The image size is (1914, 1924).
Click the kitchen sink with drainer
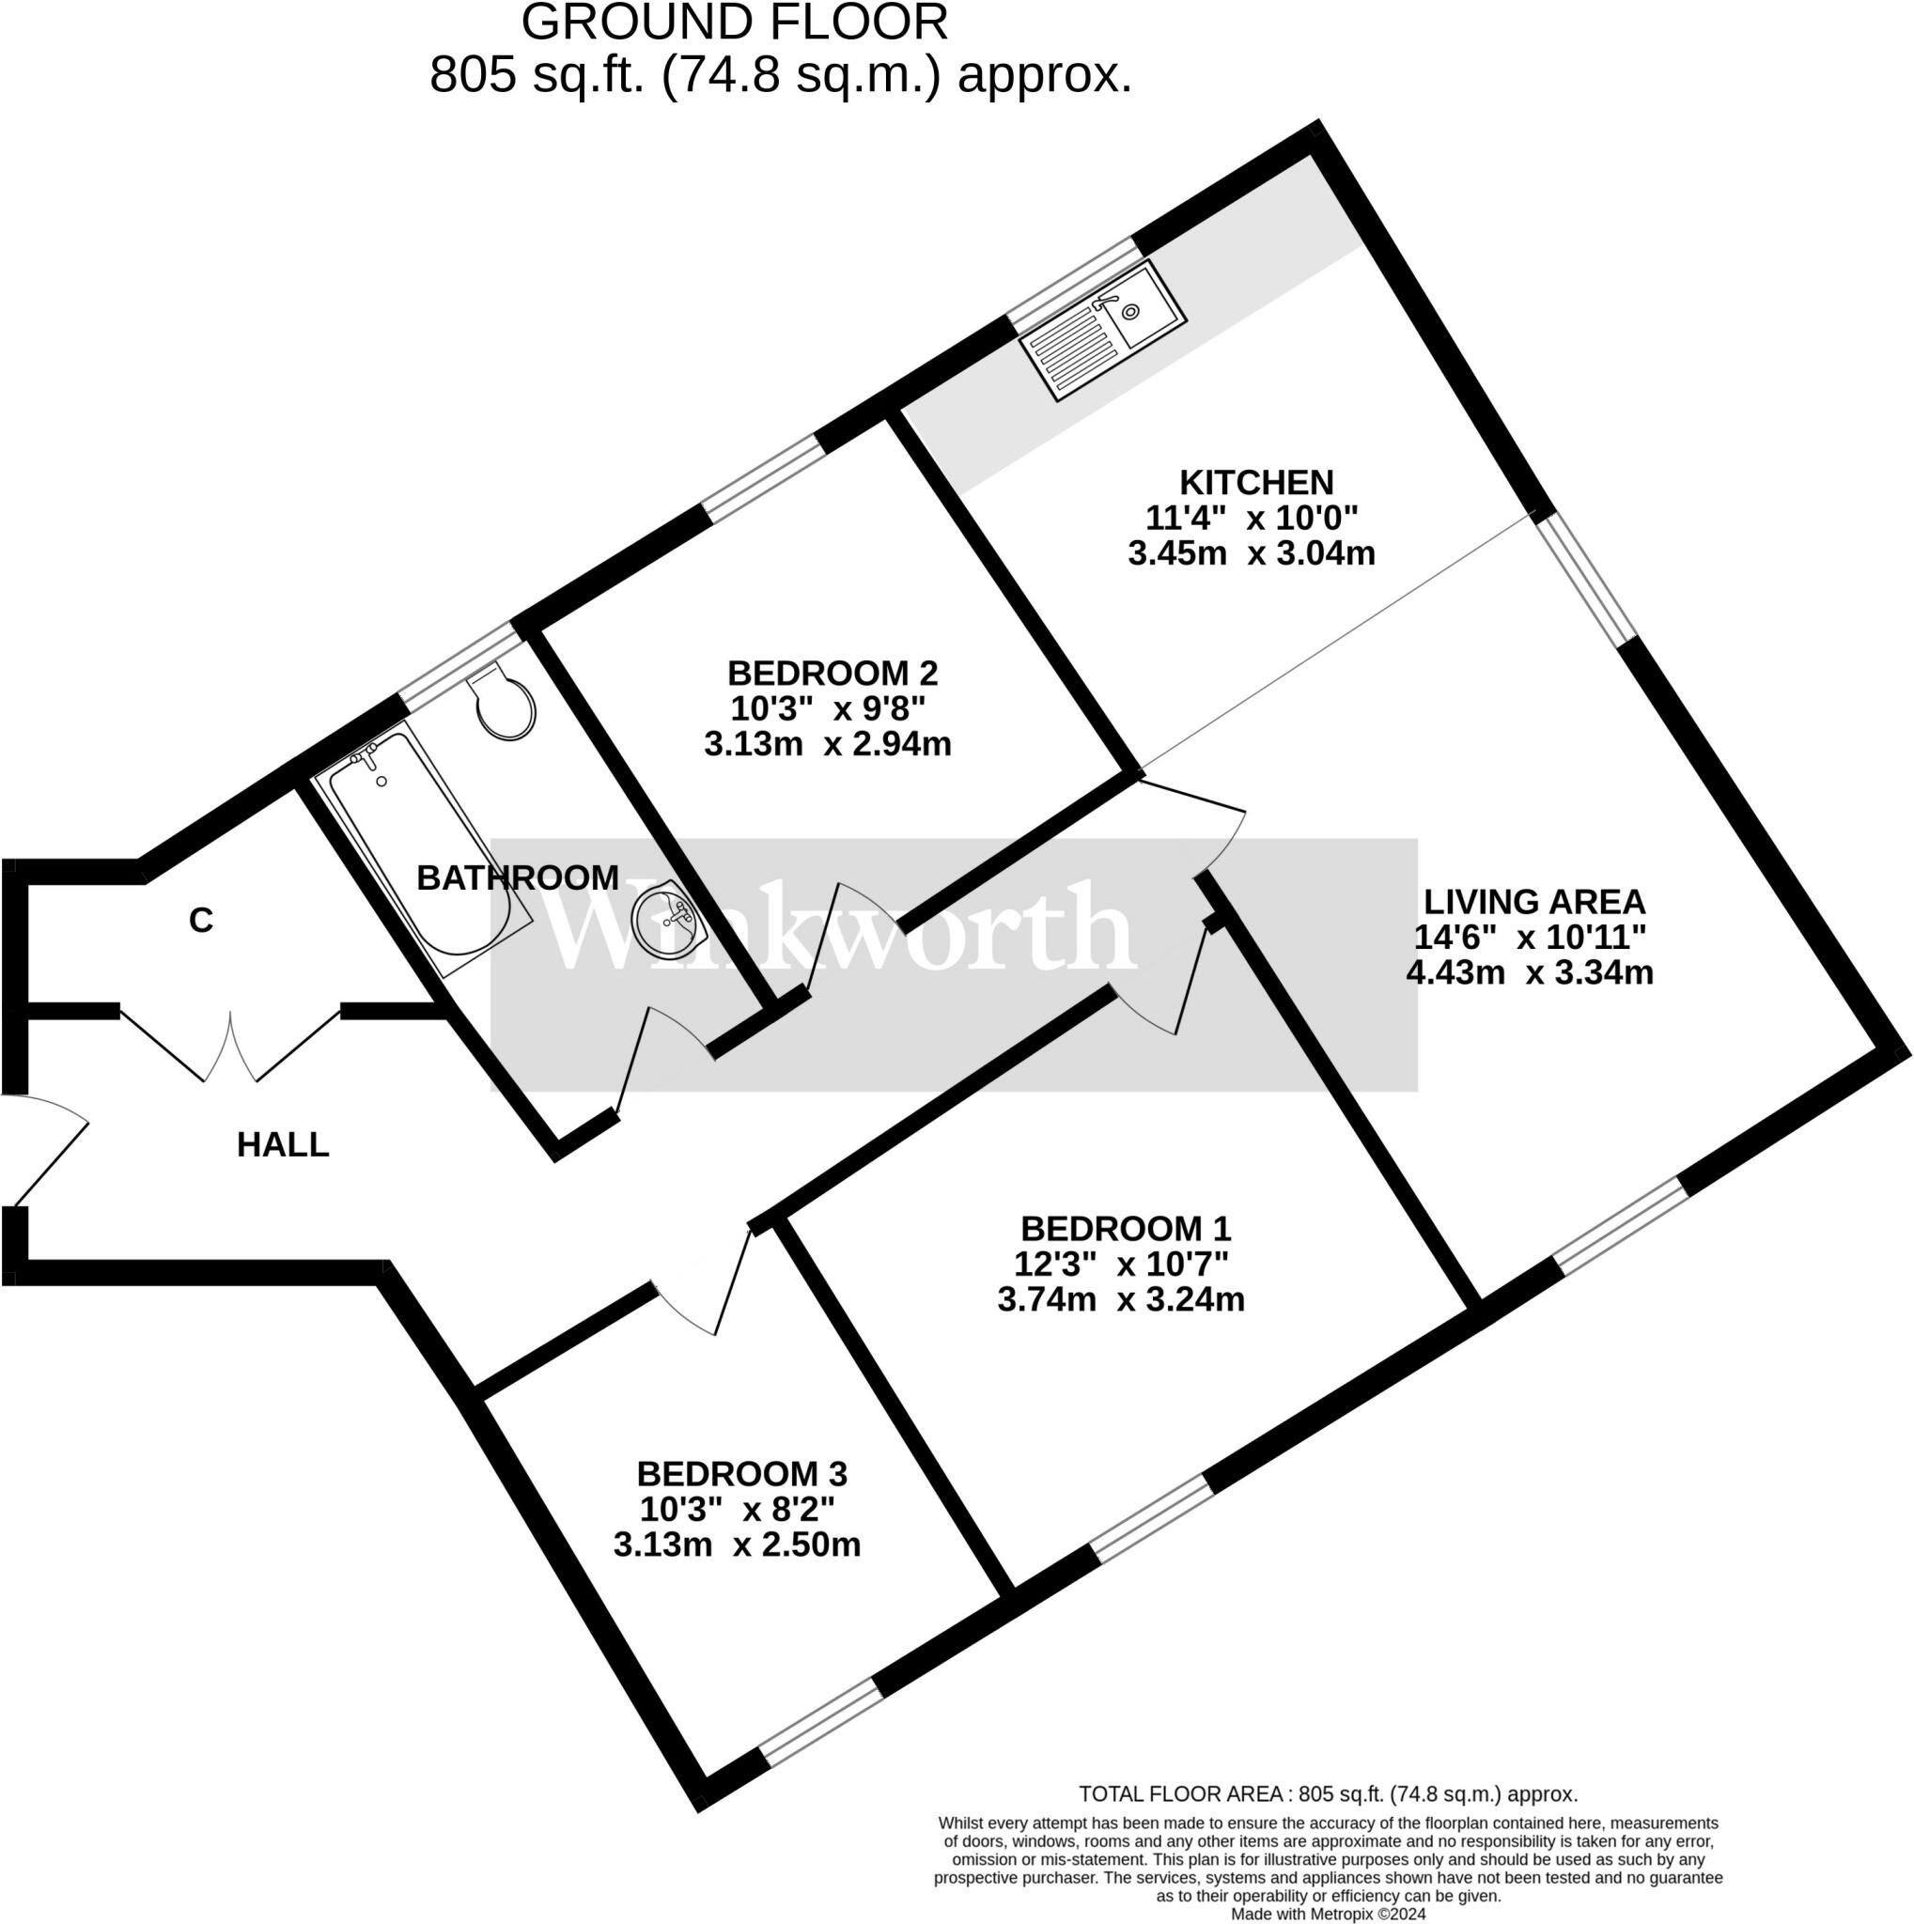tap(1102, 330)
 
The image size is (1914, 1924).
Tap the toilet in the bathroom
tap(504, 702)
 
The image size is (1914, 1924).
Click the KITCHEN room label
tap(1255, 482)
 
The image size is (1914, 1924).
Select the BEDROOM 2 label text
tap(833, 674)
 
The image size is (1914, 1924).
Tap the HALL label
tap(283, 1144)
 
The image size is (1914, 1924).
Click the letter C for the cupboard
tap(201, 922)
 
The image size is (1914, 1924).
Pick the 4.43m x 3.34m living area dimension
tap(1529, 972)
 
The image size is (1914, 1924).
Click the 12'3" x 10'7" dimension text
tap(1120, 1264)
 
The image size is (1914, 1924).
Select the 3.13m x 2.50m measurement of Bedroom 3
tap(737, 1544)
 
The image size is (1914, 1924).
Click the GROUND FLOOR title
tap(735, 23)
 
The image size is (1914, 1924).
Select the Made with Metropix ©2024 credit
tap(1328, 1914)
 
